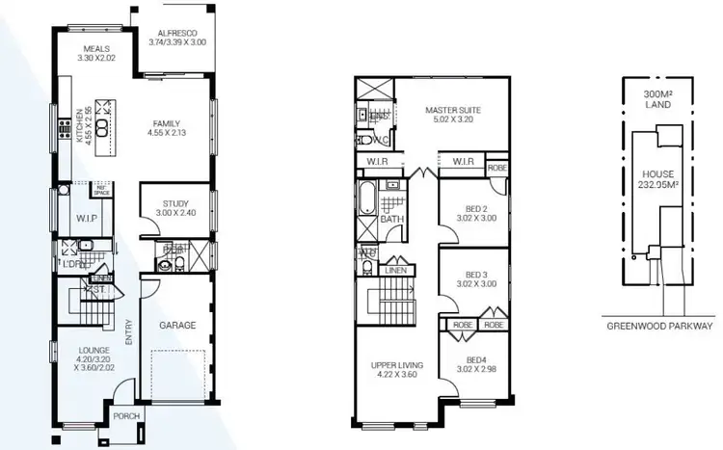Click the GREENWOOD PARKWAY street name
click(x=659, y=327)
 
